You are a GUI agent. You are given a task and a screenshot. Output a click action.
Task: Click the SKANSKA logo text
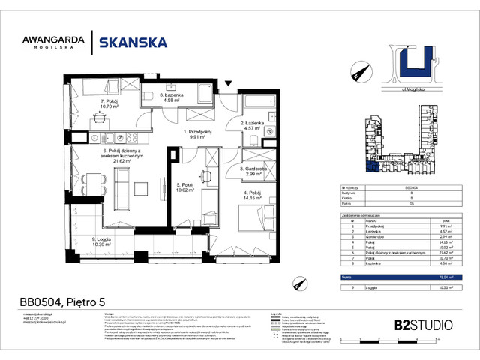133,43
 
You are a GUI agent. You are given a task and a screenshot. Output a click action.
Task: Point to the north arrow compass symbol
355,73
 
